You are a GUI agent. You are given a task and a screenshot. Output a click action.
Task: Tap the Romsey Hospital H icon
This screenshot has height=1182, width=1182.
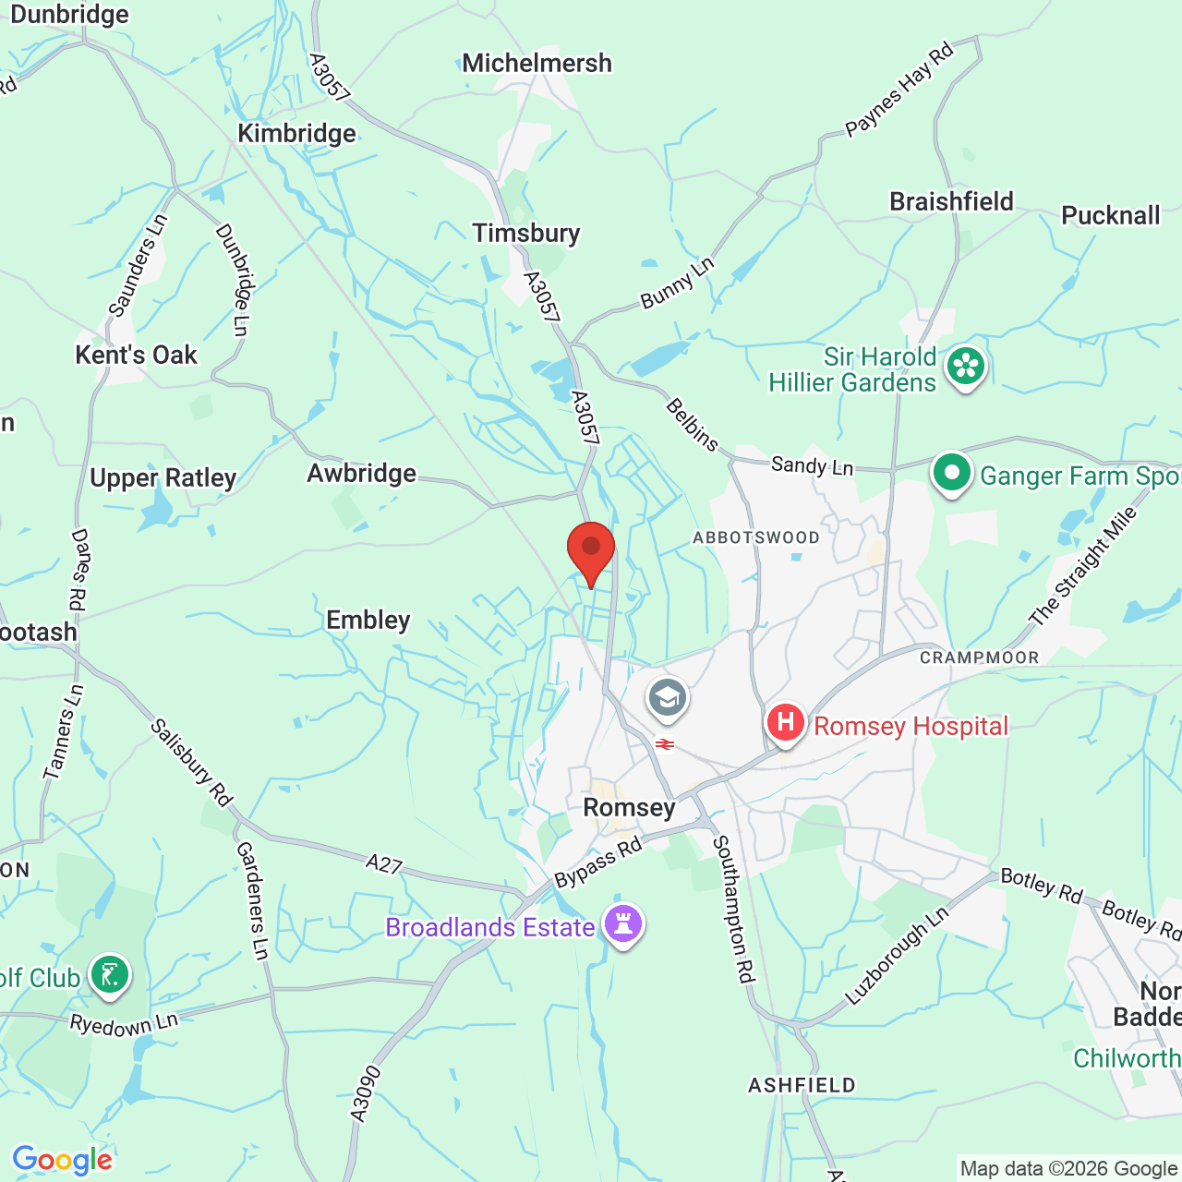click(x=786, y=722)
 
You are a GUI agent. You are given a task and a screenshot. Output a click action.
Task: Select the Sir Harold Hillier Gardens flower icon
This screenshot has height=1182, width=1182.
click(x=966, y=366)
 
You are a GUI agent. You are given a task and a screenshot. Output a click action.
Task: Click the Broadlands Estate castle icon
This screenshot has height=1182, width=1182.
click(x=623, y=923)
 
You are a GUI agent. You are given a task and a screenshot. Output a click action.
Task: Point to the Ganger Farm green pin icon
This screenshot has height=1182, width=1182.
click(x=952, y=473)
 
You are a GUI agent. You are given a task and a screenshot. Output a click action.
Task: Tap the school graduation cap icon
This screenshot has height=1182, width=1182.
click(x=667, y=698)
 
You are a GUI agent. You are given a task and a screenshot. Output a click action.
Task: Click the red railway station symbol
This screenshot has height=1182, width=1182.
click(x=664, y=744)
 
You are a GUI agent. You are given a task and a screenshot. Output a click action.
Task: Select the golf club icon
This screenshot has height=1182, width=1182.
click(x=110, y=974)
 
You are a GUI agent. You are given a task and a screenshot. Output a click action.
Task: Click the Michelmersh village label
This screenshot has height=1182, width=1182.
click(x=537, y=63)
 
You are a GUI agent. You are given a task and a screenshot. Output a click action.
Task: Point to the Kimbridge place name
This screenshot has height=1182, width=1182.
click(x=296, y=133)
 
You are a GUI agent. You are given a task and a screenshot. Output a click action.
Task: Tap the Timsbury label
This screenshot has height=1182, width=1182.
click(x=526, y=233)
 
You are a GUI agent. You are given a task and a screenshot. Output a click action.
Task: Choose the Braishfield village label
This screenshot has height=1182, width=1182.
click(x=951, y=201)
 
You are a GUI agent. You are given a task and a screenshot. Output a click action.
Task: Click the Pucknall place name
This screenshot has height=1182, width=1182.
click(x=1110, y=215)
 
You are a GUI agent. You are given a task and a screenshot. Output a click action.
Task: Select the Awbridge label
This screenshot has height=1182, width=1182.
click(x=362, y=473)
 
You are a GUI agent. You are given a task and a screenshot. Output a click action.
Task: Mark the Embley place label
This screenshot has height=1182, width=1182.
click(x=368, y=620)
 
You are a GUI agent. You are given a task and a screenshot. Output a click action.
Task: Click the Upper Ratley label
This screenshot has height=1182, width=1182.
click(x=163, y=477)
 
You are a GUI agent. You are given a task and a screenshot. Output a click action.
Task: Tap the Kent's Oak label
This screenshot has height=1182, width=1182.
click(x=136, y=355)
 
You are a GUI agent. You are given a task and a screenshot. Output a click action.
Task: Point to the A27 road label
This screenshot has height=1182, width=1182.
click(x=384, y=864)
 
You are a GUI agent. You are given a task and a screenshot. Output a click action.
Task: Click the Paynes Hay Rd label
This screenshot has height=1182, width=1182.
click(x=899, y=90)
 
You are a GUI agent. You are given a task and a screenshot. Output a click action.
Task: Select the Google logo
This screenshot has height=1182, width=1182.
click(x=62, y=1160)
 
